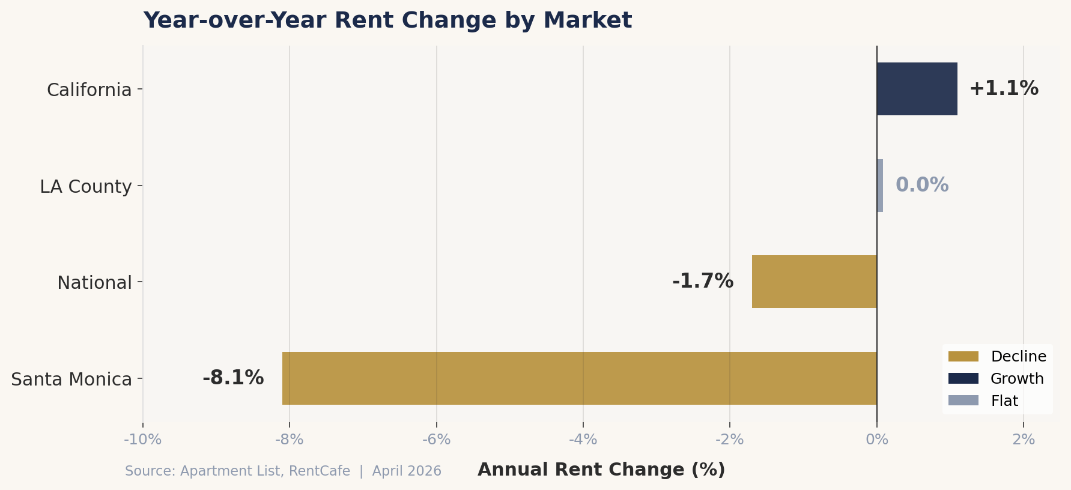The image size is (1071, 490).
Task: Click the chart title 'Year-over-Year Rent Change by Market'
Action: point(387,20)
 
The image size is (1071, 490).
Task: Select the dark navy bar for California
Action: point(917,89)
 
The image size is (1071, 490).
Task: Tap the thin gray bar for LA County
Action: point(880,186)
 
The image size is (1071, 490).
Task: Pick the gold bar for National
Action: point(814,282)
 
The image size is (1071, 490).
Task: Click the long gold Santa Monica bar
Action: point(579,378)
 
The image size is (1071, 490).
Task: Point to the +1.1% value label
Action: point(1004,89)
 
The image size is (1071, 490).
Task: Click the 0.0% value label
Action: point(922,185)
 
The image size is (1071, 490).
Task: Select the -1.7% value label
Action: point(703,281)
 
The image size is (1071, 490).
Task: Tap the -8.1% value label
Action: point(233,378)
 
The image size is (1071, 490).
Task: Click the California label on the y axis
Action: point(89,90)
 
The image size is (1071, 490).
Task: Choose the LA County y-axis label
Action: point(86,187)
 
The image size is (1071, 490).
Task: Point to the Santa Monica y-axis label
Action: point(71,380)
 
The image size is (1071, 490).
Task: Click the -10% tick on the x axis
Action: point(142,440)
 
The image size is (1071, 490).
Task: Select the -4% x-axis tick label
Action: point(583,440)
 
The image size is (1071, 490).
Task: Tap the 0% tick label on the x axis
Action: point(877,440)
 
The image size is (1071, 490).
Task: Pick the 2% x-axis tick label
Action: point(1024,440)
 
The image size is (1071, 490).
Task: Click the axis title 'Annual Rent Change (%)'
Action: point(601,470)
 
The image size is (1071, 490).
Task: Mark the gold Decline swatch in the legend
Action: point(963,357)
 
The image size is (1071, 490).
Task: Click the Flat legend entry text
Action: point(1004,401)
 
